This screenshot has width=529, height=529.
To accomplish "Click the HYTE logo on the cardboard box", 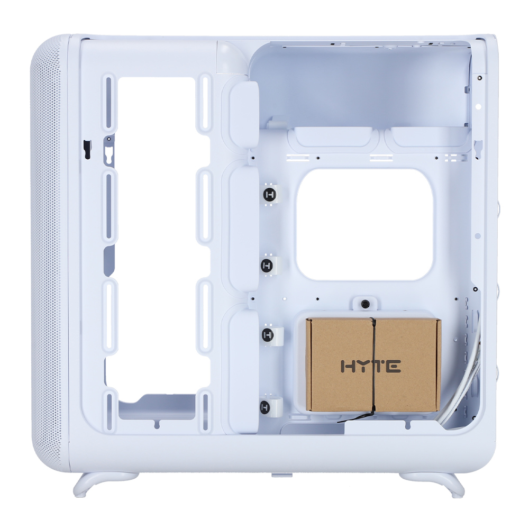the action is pyautogui.click(x=371, y=366).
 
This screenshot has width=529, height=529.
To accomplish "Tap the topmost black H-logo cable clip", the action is pyautogui.click(x=269, y=195).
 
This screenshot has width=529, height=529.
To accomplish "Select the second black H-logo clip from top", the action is pyautogui.click(x=267, y=266).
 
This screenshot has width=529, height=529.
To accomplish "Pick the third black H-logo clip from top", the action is pyautogui.click(x=268, y=335).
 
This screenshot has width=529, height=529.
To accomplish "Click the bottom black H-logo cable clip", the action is pyautogui.click(x=265, y=407).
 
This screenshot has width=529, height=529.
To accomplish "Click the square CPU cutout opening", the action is pyautogui.click(x=364, y=224).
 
